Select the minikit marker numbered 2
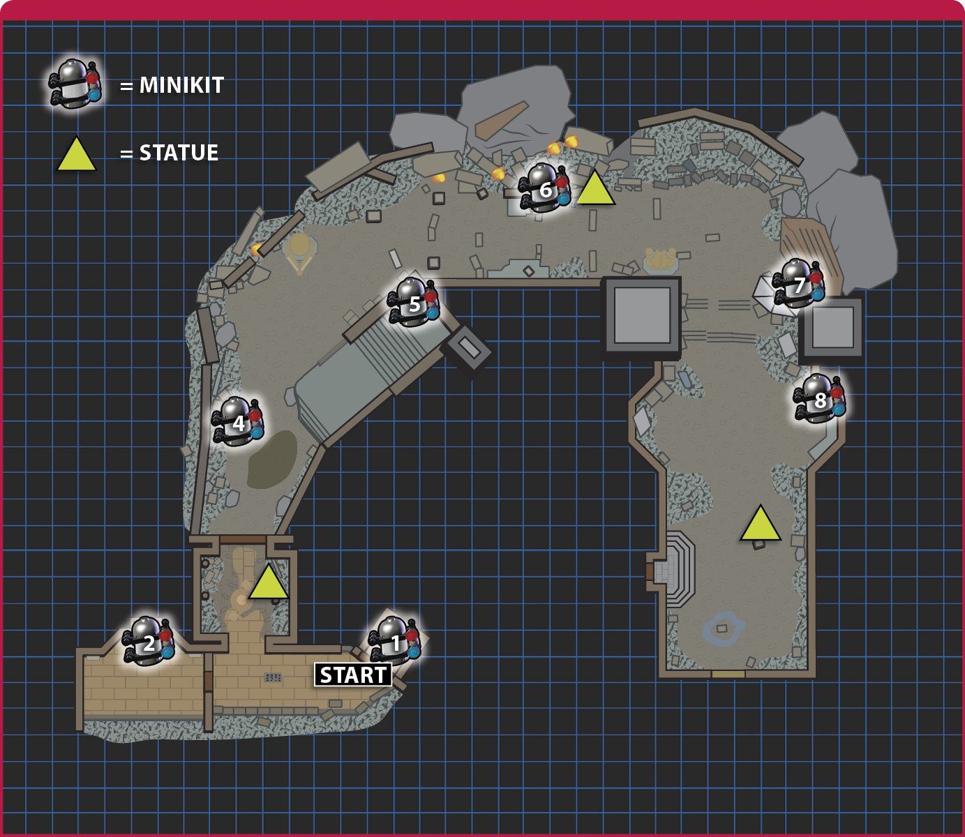coord(149,641)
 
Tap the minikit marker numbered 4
coord(238,421)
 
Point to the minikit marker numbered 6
coord(545,188)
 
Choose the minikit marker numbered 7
coord(799,282)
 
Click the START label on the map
coord(353,675)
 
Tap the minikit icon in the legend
coord(75,84)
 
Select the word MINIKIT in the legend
coord(181,85)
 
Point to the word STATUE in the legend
coord(179,153)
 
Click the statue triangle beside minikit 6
coord(595,190)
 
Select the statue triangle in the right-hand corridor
coord(761,525)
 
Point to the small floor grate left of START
coord(273,678)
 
